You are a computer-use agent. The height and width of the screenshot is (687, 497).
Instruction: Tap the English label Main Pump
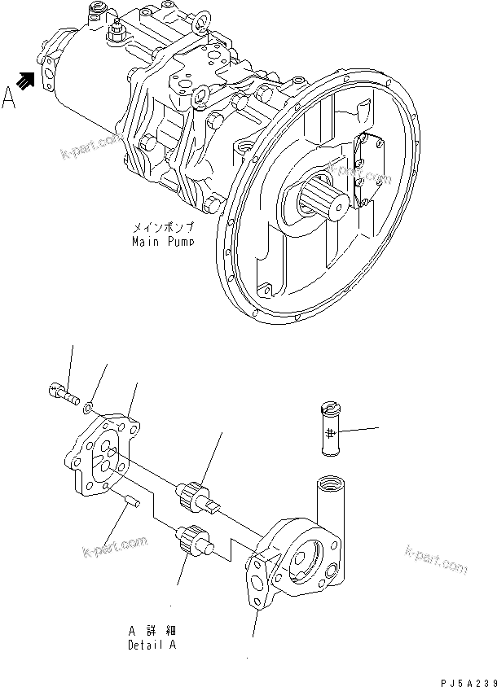162,242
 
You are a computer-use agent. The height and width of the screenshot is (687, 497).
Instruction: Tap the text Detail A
152,645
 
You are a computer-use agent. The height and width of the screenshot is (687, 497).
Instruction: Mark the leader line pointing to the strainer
358,430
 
